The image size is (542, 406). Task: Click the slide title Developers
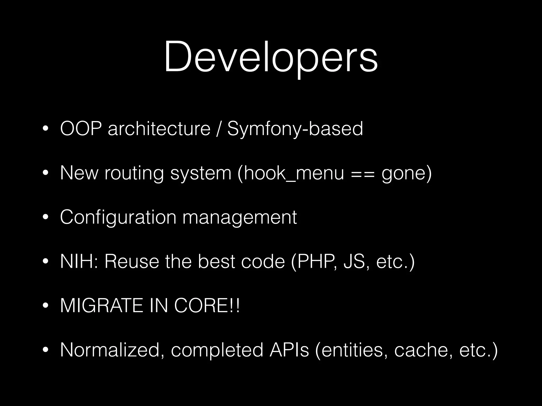click(271, 57)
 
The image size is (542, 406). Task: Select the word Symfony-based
click(295, 129)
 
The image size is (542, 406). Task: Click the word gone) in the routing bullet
click(406, 174)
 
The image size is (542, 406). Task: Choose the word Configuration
click(118, 218)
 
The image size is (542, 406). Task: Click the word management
click(240, 218)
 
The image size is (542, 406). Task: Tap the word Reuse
click(132, 262)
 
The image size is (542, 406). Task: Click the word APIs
click(289, 350)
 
